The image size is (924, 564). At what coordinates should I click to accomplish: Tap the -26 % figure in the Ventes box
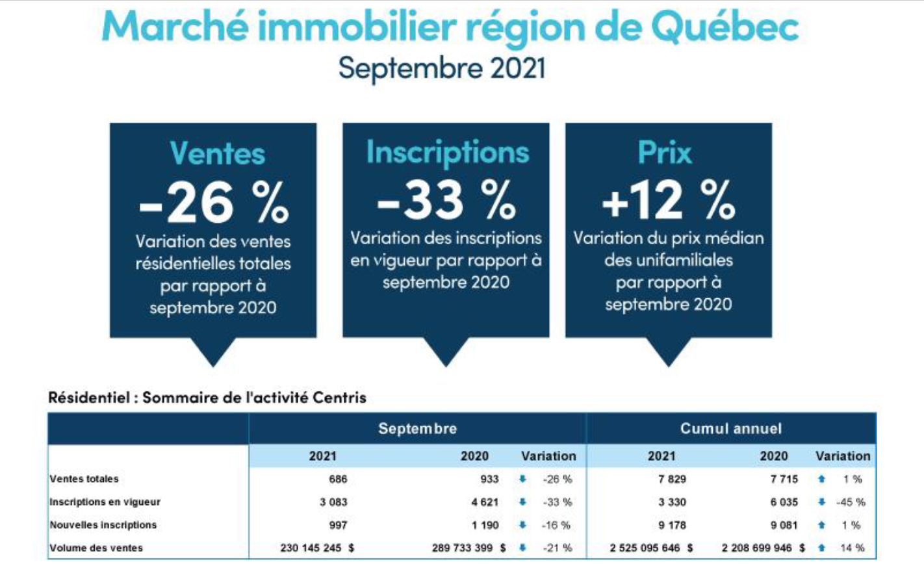click(x=214, y=203)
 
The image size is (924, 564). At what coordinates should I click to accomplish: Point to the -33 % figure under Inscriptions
click(x=446, y=199)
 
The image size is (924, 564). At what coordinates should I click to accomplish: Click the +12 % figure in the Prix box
click(x=668, y=200)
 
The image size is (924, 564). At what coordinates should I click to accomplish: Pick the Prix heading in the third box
click(x=665, y=153)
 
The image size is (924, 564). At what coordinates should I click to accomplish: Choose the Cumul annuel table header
click(x=730, y=429)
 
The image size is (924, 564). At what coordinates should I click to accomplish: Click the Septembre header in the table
click(x=417, y=429)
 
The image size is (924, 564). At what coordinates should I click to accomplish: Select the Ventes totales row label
click(x=84, y=479)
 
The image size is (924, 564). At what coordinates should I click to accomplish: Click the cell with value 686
click(x=338, y=479)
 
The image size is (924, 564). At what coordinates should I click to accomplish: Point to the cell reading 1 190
click(x=485, y=525)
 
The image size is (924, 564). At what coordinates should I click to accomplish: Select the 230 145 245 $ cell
click(x=317, y=548)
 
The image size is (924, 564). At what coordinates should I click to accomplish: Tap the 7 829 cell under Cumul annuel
click(x=672, y=479)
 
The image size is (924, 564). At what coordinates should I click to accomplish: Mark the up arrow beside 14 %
click(x=822, y=548)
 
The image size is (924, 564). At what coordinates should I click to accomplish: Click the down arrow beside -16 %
click(x=522, y=525)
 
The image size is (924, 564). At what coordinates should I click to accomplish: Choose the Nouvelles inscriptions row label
click(x=103, y=525)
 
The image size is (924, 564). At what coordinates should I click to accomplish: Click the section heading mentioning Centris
click(x=207, y=397)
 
